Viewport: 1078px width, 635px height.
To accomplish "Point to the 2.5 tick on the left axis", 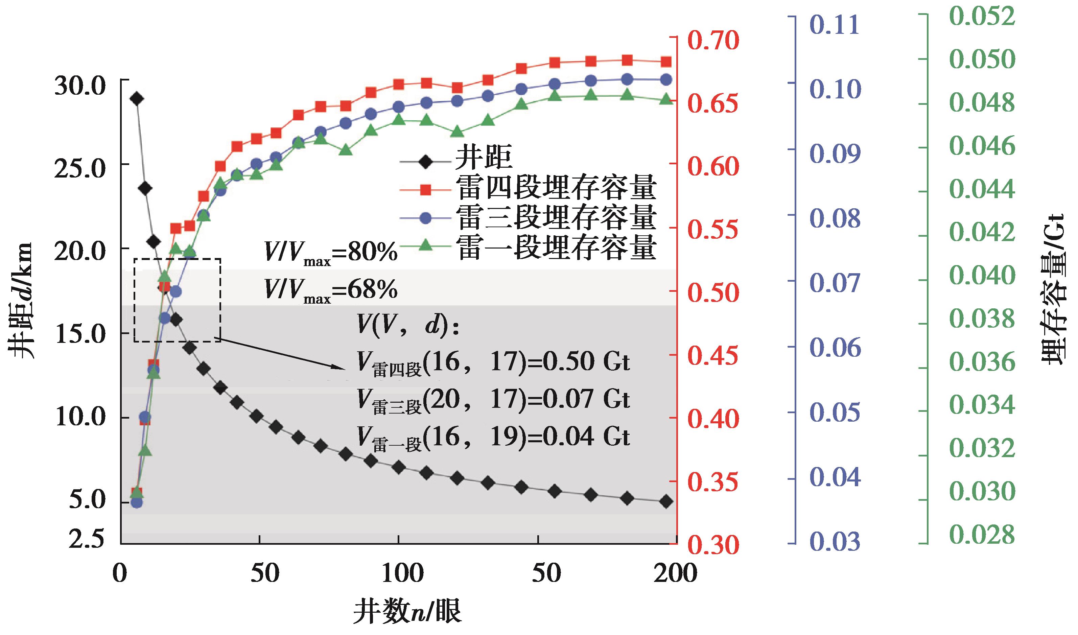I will (x=87, y=538).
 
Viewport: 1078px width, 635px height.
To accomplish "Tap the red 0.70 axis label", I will (x=713, y=41).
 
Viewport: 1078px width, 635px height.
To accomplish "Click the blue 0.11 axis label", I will (x=834, y=25).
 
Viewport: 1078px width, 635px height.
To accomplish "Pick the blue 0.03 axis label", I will (x=834, y=542).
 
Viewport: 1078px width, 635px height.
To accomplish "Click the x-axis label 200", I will (x=675, y=573).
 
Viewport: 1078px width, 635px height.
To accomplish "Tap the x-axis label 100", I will (x=402, y=573).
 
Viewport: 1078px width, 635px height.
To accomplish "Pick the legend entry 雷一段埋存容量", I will (x=555, y=247).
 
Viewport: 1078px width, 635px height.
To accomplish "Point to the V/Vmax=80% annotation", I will (x=331, y=253).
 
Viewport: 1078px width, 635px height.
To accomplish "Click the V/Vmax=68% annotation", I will (x=331, y=290).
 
